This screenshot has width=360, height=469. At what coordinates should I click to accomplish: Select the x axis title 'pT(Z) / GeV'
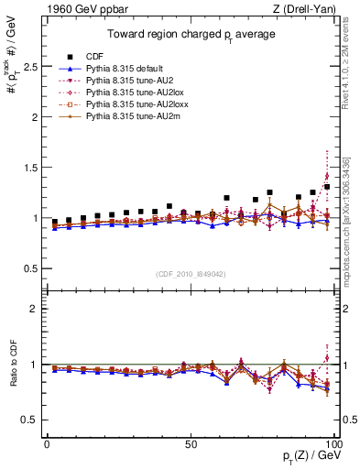[x=311, y=456]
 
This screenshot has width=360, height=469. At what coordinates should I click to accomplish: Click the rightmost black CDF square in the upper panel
[x=327, y=187]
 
